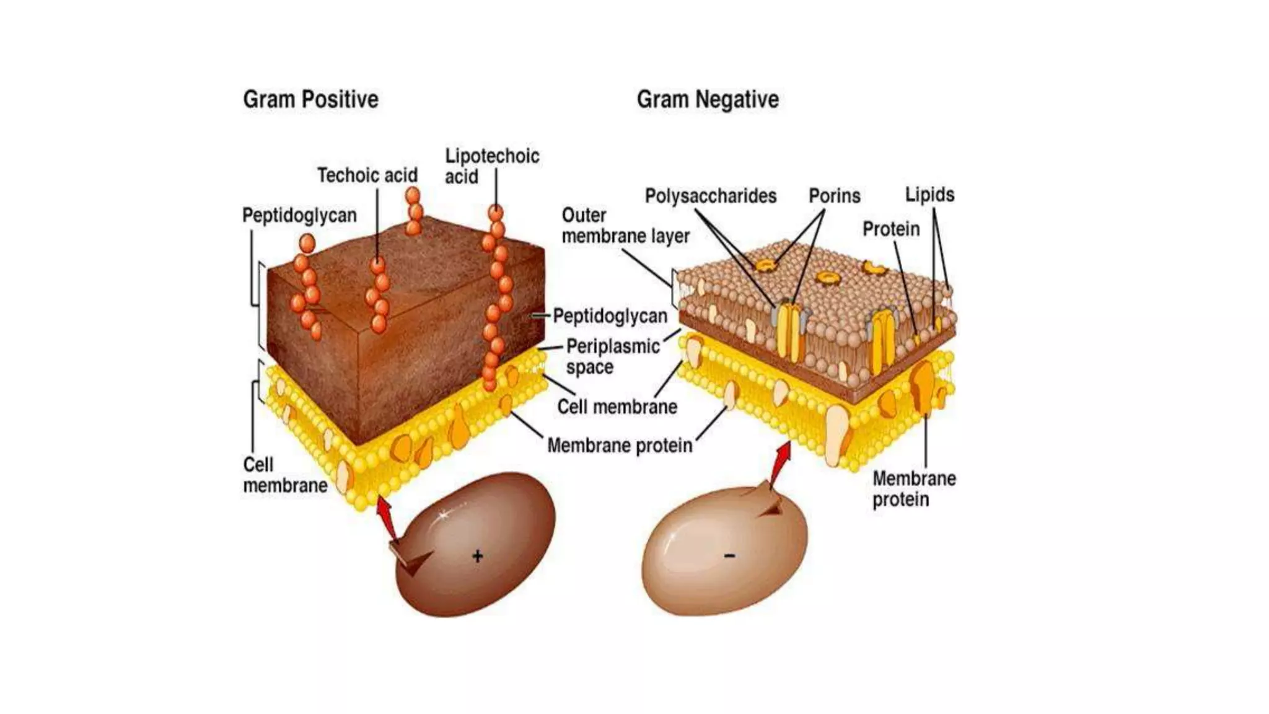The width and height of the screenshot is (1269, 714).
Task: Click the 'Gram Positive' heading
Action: tap(310, 99)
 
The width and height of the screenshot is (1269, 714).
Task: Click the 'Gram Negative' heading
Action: tap(708, 99)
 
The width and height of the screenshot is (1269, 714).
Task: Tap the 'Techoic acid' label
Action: tap(367, 175)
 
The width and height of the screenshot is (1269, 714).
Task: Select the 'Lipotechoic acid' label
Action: tap(491, 166)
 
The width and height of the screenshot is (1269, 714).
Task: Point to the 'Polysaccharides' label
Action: tap(711, 196)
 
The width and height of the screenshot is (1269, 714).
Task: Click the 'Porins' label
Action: tap(834, 196)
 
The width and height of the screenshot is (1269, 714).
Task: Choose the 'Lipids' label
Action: tap(929, 195)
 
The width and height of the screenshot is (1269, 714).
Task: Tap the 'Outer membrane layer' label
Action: tap(625, 226)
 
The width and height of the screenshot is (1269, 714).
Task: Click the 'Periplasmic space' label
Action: tap(612, 356)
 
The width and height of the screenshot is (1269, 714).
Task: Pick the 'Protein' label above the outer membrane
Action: tap(891, 229)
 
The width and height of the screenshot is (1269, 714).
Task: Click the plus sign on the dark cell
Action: tap(477, 556)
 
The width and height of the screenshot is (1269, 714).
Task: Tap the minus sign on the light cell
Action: tap(729, 556)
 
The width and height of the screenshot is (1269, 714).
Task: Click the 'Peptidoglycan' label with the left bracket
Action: tap(299, 216)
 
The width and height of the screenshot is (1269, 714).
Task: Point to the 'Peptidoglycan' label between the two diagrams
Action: tap(610, 316)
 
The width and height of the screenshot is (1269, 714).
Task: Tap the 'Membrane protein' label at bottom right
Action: tap(914, 488)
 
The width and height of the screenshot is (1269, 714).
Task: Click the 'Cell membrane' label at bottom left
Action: tap(284, 475)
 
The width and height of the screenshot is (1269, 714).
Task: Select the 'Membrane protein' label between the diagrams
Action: tap(620, 446)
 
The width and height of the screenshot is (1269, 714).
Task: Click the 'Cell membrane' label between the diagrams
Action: tap(617, 407)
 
